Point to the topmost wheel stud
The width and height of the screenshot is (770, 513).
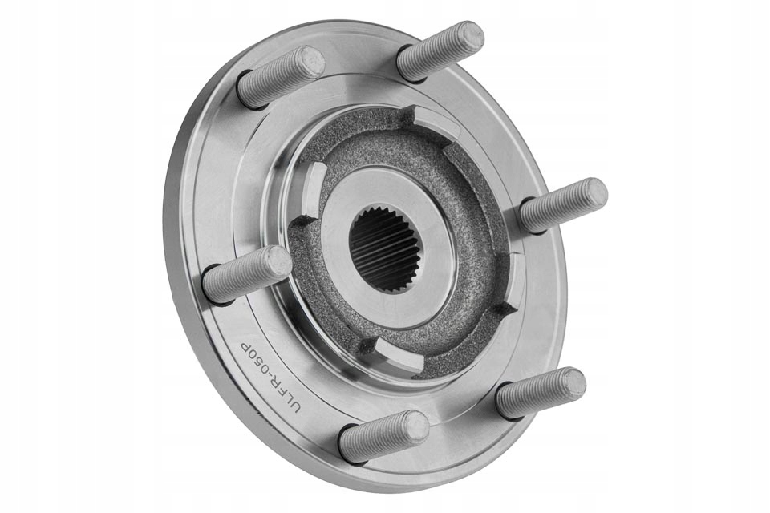[x=440, y=50]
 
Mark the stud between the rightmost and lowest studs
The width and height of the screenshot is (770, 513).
[x=541, y=392]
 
